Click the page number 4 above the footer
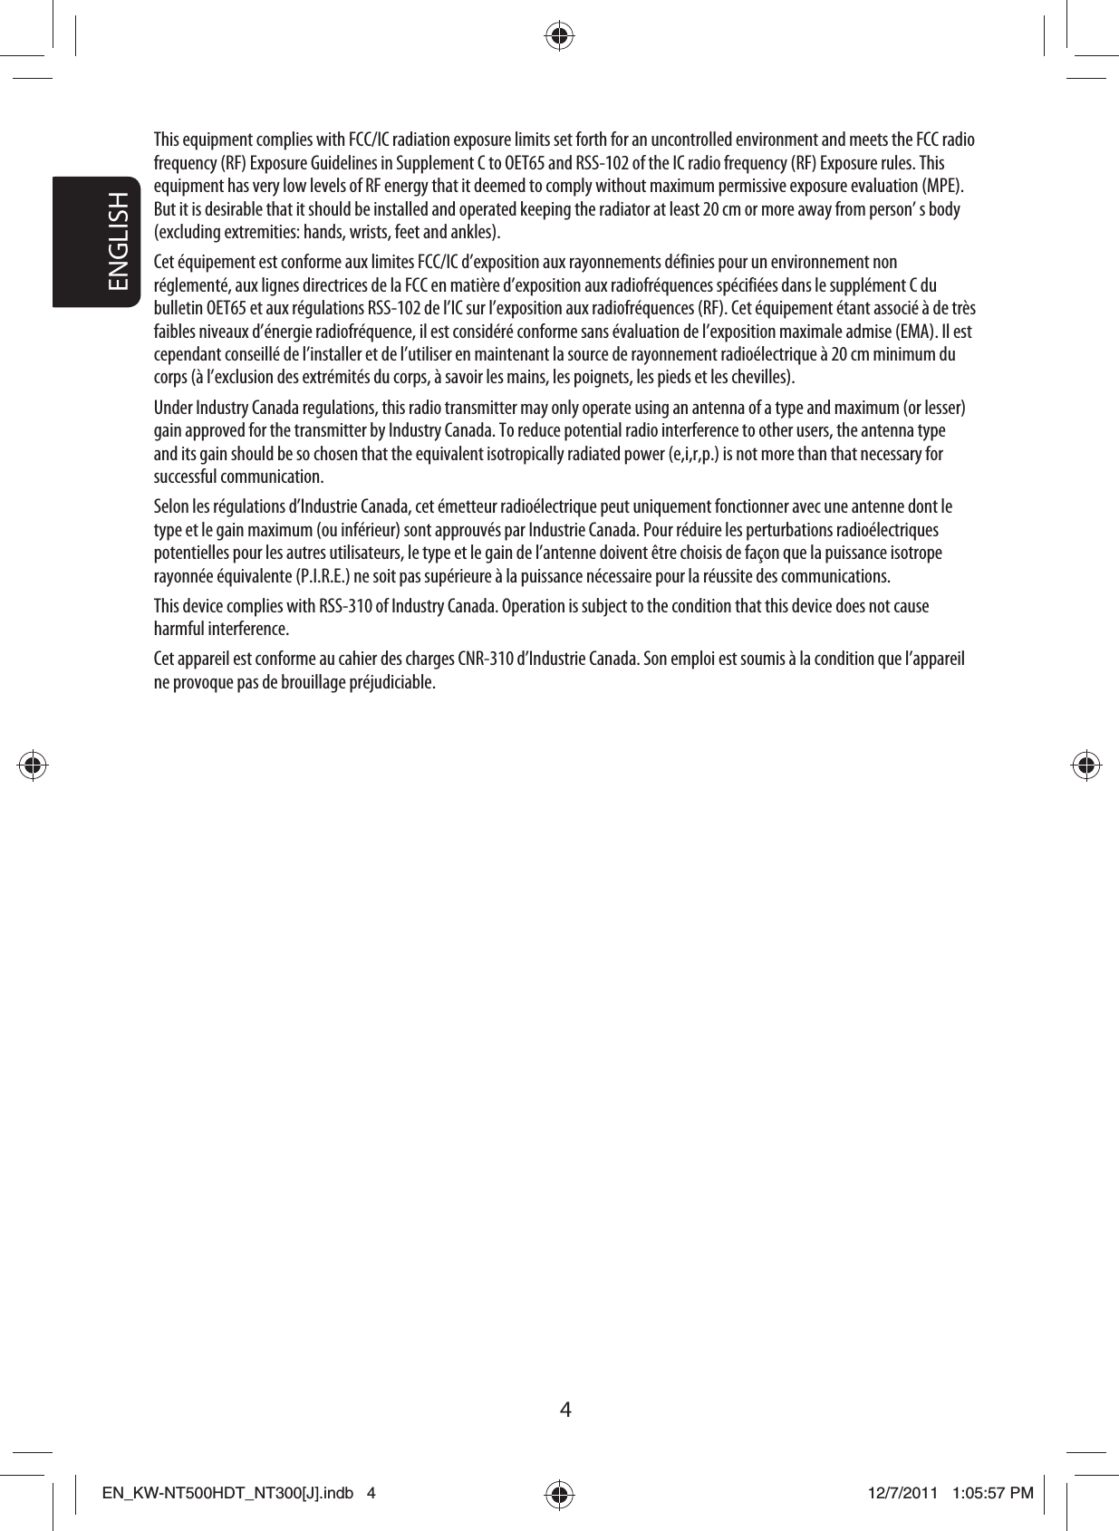565,1409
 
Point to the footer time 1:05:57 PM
993,1492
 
